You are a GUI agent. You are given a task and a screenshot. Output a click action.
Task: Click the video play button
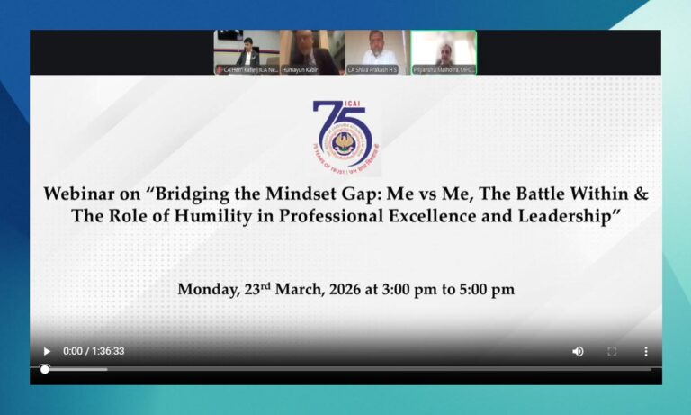47,351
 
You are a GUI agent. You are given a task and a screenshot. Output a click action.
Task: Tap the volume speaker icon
578,351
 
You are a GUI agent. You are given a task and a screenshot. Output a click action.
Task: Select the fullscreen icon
612,351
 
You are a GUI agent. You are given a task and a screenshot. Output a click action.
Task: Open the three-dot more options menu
645,351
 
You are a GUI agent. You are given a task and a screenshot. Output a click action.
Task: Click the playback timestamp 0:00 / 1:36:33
94,351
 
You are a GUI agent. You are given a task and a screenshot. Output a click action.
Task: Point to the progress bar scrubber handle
45,369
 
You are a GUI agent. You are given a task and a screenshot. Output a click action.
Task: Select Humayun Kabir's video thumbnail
311,51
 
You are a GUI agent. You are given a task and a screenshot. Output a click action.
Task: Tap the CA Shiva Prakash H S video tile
377,51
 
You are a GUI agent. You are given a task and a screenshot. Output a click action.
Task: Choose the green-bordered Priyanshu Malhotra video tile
444,51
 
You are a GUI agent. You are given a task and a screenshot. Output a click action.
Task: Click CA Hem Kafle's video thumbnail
247,51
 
